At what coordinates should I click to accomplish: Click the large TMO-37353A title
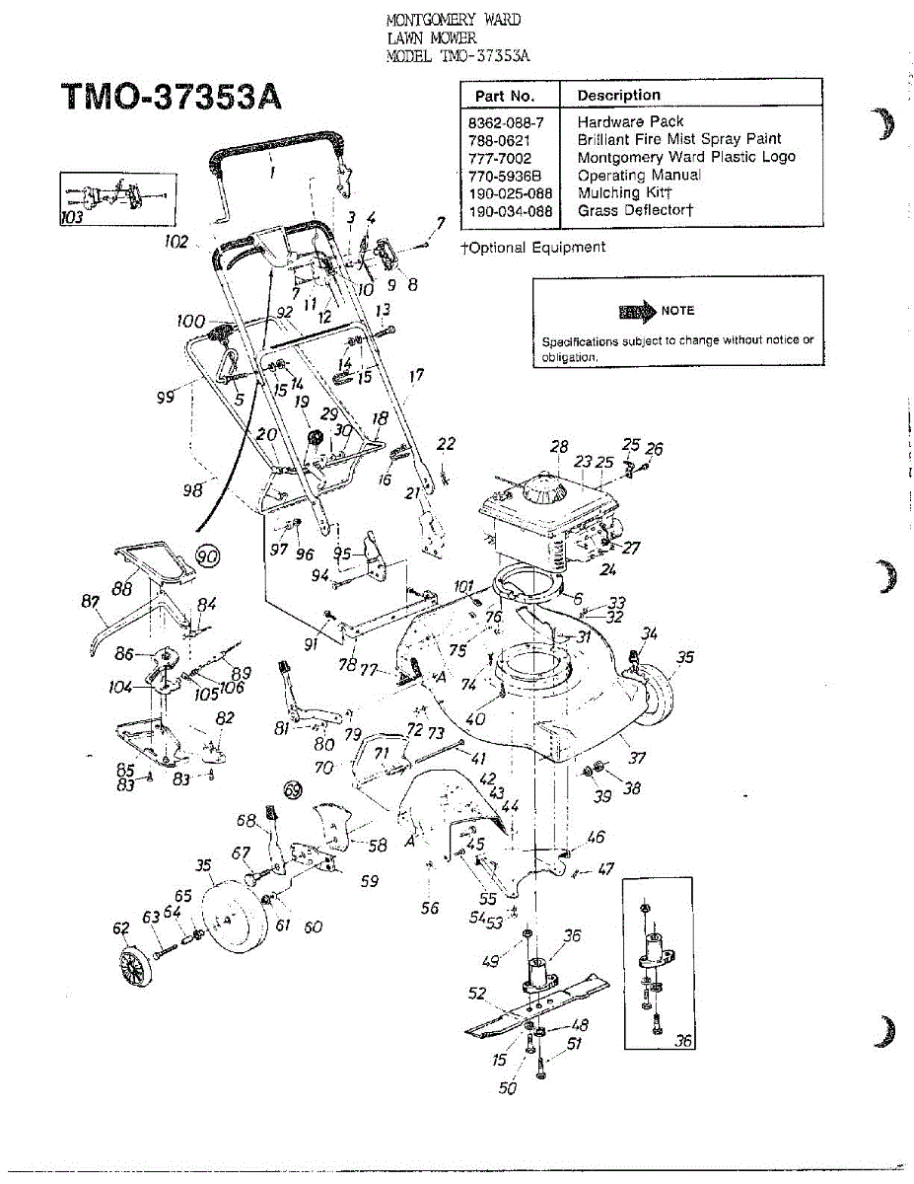[173, 99]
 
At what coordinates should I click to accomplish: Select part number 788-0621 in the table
[500, 140]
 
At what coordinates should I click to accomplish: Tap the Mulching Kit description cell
[624, 193]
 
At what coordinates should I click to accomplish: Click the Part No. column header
[505, 96]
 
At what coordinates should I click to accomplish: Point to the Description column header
[619, 96]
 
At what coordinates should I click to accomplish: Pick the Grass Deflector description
[636, 211]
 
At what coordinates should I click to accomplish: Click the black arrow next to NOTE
[637, 312]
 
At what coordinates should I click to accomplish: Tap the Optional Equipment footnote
[533, 248]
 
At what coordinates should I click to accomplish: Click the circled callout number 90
[207, 557]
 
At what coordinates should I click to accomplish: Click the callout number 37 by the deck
[638, 758]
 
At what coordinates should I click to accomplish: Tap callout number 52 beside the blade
[477, 994]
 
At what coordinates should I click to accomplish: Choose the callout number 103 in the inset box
[72, 218]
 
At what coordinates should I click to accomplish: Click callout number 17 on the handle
[416, 376]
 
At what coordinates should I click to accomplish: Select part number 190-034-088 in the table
[510, 211]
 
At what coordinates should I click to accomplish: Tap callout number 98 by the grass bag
[192, 489]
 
